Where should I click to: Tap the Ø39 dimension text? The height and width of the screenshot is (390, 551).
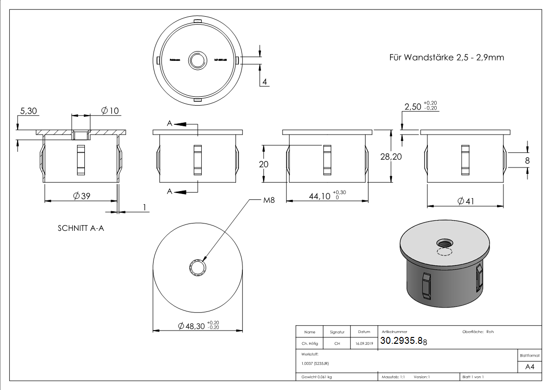[81, 196]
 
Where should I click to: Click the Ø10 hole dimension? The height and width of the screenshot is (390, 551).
[110, 111]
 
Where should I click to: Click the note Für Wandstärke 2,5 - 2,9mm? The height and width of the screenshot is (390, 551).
[446, 57]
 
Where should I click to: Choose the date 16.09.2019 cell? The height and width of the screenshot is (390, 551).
[364, 344]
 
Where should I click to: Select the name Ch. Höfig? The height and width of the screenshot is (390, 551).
[310, 344]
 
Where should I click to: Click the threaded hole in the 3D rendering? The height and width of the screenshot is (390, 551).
[445, 243]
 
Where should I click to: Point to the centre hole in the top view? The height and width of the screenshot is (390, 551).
[198, 60]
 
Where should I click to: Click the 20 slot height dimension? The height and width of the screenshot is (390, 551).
[263, 164]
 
